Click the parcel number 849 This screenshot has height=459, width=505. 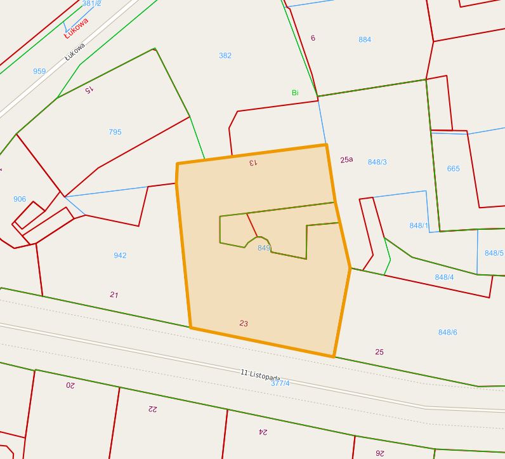(x=264, y=248)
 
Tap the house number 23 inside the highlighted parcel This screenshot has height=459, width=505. (x=244, y=324)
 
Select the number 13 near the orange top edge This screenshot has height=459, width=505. (x=253, y=163)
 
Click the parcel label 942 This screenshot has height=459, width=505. (x=120, y=255)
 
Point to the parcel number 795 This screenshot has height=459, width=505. (x=115, y=132)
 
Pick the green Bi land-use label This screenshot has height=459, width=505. (x=295, y=93)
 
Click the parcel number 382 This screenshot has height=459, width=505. (x=225, y=56)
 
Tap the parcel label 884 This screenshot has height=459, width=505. (x=365, y=39)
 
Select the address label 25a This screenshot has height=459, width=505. (x=346, y=160)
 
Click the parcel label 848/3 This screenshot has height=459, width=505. (x=377, y=163)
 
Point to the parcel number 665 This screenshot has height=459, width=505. (x=453, y=169)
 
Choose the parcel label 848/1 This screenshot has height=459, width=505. (x=419, y=226)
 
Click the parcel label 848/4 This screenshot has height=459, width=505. (x=444, y=277)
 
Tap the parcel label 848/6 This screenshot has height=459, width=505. (x=447, y=333)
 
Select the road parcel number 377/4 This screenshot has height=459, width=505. (x=280, y=383)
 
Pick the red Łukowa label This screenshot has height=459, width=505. (x=77, y=29)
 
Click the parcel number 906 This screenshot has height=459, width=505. (x=20, y=199)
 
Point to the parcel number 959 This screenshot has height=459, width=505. (x=39, y=72)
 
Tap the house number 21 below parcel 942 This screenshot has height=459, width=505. (x=114, y=295)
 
